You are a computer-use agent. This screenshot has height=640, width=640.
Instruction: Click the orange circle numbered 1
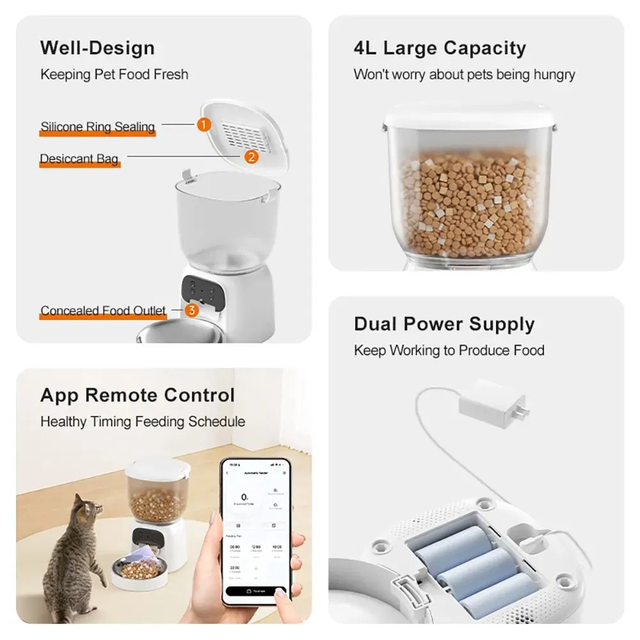point(204,124)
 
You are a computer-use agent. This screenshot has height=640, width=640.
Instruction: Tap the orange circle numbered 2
point(252,156)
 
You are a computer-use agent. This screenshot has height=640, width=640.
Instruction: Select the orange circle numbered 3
point(191,310)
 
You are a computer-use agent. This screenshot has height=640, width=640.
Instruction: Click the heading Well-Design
point(97,48)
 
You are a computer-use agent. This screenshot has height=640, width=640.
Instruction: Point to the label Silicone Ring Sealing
point(98,127)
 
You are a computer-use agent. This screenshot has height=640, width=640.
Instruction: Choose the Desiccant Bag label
point(79,159)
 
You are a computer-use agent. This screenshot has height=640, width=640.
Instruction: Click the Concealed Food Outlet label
point(103,311)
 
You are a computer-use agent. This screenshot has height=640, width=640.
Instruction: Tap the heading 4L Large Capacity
point(440,48)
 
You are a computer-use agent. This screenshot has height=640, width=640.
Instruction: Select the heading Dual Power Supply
point(444,324)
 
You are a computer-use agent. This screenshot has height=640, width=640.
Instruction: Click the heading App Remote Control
point(138,395)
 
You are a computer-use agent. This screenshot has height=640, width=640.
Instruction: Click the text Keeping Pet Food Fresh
point(115,74)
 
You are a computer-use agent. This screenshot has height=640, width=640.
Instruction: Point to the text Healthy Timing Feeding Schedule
point(143,422)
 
